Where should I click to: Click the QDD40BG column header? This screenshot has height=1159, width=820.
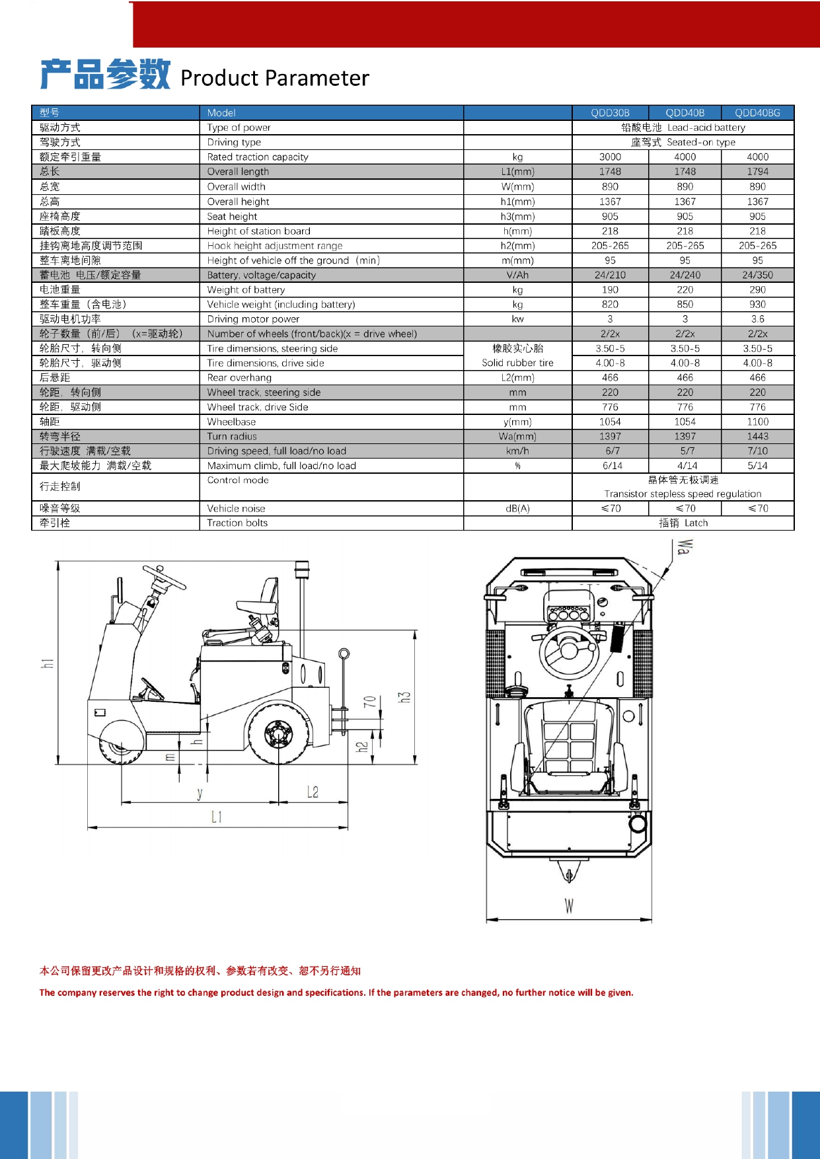[x=757, y=113]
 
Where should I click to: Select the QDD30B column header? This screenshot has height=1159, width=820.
[x=610, y=113]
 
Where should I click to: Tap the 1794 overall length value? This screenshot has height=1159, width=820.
[x=757, y=172]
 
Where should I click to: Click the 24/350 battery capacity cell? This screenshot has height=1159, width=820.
[x=757, y=275]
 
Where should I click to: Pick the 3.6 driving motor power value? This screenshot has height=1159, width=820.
[x=757, y=319]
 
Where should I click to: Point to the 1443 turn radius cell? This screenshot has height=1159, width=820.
[x=757, y=437]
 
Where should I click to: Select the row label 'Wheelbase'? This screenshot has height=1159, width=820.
[x=231, y=422]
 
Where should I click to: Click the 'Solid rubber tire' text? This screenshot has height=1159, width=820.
[x=517, y=363]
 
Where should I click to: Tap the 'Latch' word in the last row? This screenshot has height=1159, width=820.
[x=696, y=523]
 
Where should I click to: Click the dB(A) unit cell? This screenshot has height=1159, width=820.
[x=517, y=509]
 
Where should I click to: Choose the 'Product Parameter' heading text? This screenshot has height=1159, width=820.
[x=274, y=78]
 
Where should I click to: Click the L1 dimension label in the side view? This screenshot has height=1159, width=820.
[x=217, y=817]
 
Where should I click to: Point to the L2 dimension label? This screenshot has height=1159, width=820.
[x=313, y=792]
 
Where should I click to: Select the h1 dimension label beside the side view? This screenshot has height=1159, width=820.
[x=48, y=663]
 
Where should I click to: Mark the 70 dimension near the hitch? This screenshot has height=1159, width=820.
[x=370, y=701]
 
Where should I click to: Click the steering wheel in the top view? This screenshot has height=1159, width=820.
[x=569, y=650]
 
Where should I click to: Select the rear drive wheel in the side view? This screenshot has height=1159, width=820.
[x=278, y=733]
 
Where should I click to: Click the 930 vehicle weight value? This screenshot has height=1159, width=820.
[x=757, y=305]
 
